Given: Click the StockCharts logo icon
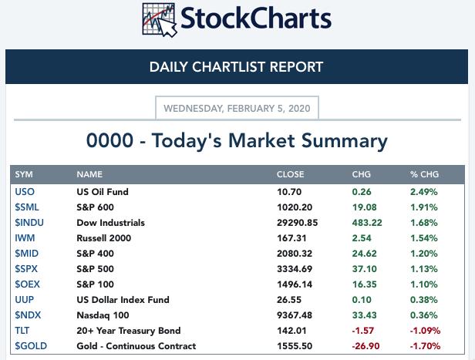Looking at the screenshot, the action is [160, 20].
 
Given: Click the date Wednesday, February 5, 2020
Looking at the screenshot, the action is [237, 109].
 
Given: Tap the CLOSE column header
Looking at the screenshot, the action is [290, 174].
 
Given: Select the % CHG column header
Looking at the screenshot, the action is [424, 174].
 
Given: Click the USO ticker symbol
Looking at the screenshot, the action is [25, 192].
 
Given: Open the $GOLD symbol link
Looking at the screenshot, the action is [31, 346].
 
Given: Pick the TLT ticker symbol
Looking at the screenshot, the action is [22, 331].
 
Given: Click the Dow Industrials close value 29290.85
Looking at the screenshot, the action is [297, 223].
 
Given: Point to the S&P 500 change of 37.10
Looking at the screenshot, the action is [365, 269].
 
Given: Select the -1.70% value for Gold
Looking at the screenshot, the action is [425, 346].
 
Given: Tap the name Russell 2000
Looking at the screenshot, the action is [103, 238].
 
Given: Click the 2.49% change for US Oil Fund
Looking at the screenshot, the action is [424, 192].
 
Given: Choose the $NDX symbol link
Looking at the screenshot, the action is [28, 315].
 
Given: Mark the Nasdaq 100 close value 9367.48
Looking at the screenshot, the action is [295, 315].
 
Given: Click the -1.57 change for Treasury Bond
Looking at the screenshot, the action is [362, 331].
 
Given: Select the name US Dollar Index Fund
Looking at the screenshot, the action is [123, 300].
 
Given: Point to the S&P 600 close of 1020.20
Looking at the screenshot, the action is [295, 207].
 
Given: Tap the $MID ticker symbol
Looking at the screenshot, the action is [27, 254].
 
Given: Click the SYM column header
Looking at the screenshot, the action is [24, 174].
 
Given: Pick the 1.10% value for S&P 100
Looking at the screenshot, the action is [424, 284].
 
